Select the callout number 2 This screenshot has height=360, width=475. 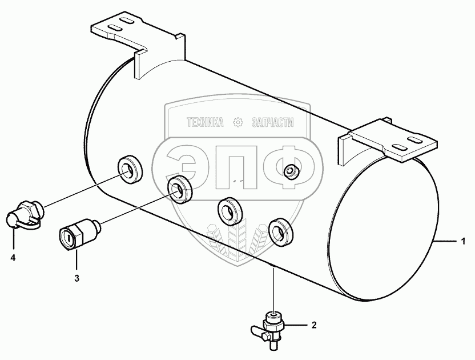313,326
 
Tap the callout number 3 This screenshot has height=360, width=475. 76,278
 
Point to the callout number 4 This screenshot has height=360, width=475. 13,258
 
